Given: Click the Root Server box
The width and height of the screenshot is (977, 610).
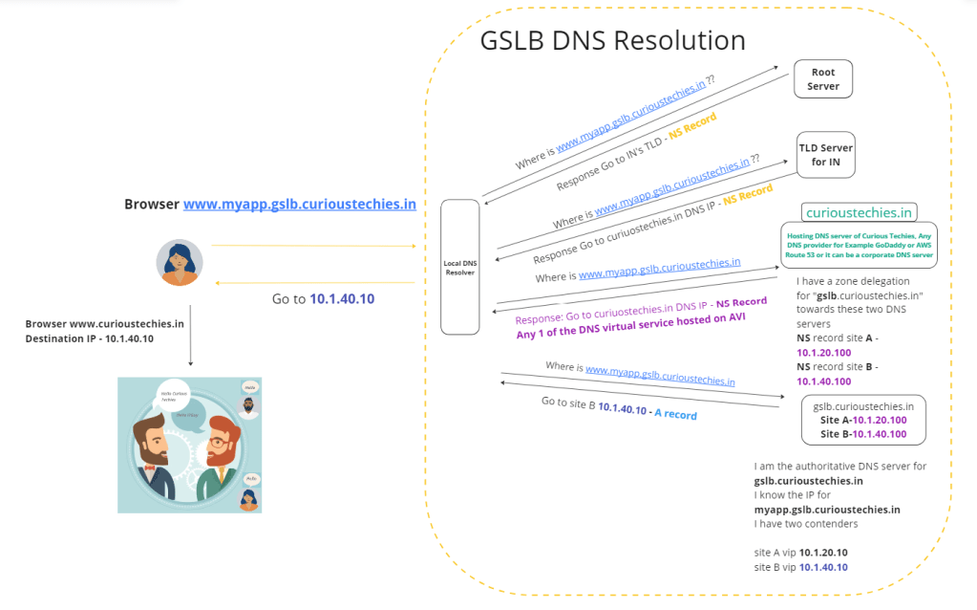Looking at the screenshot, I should coord(823,79).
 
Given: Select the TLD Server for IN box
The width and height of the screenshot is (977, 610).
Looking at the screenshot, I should coord(826,155).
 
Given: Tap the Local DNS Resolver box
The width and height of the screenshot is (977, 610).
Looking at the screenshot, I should coord(459,267).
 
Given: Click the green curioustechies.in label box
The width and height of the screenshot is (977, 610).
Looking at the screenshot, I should coord(860,212).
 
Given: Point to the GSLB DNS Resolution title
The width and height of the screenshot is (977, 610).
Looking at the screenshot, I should coord(612,41).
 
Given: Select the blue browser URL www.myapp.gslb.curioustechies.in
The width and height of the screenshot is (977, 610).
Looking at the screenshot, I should coord(299,204).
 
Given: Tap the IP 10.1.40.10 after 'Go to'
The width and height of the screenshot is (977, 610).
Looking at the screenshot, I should coord(342,299).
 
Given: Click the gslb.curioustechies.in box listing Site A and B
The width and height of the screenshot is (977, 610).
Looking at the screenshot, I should coord(863,420).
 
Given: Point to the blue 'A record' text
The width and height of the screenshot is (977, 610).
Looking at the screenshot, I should coord(676,415).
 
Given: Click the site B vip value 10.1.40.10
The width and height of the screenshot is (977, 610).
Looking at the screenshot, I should coord(823,567).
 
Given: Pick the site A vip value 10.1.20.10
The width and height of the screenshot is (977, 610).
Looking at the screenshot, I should coord(824,553).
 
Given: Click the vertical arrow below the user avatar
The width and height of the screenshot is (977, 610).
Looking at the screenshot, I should coord(191,335).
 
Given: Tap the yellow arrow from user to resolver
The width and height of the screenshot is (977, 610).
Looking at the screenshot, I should coord(313,246).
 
